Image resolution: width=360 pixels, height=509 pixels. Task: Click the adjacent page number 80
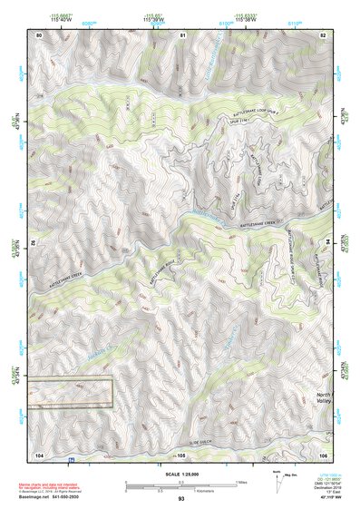click(39, 34)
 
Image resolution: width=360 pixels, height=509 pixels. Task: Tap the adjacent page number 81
click(181, 34)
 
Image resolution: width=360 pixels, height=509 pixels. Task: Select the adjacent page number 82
click(322, 34)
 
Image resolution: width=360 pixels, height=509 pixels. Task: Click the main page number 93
click(180, 498)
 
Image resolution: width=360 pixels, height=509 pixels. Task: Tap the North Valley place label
click(325, 401)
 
